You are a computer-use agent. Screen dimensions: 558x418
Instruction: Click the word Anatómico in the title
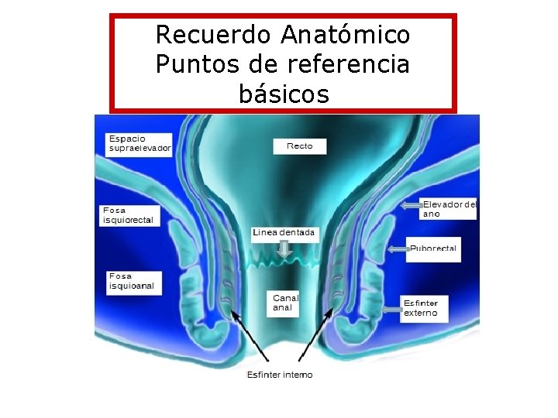tap(346, 35)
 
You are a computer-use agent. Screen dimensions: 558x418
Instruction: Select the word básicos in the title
tap(284, 94)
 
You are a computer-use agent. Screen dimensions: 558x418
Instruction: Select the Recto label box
tap(299, 146)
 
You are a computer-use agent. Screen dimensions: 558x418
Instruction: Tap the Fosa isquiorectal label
tap(129, 215)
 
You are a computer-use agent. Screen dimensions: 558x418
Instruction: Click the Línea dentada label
tap(284, 232)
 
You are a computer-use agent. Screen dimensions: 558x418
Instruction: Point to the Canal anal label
tap(286, 303)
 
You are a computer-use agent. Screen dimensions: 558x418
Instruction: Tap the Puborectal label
tap(433, 249)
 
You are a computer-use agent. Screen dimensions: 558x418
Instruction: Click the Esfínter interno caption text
tap(280, 375)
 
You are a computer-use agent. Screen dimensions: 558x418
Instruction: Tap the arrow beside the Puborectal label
tap(396, 249)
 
